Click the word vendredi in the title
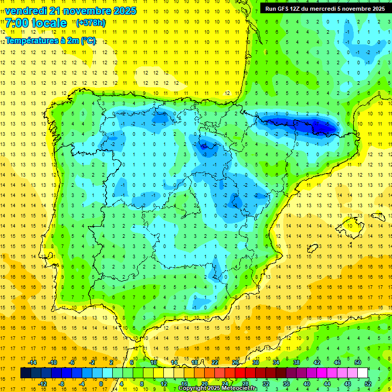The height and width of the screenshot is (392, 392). (26, 11)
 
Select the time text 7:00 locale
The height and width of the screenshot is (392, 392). (36, 23)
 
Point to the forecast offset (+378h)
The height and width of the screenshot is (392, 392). (90, 23)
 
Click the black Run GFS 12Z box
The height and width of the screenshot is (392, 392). (325, 8)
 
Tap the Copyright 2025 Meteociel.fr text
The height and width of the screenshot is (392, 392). (218, 388)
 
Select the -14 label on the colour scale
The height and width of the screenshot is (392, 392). (32, 362)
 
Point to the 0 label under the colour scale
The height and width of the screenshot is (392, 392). (101, 383)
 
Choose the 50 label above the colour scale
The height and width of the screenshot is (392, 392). (357, 362)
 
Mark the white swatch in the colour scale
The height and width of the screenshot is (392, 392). (362, 373)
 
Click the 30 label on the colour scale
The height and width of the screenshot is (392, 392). (255, 362)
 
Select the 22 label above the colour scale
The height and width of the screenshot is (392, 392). (215, 362)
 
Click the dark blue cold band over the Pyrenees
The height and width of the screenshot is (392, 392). (296, 124)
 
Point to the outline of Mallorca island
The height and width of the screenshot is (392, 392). (352, 224)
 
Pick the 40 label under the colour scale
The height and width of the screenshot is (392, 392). (307, 383)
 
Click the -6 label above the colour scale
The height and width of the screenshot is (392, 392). (72, 362)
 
